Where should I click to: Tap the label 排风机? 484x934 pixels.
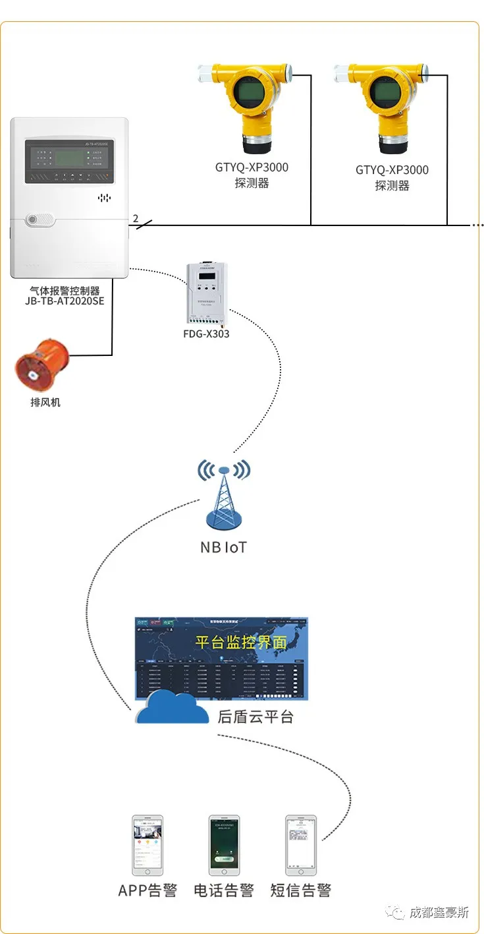[x=45, y=401]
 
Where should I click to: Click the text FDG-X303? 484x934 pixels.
[x=206, y=334]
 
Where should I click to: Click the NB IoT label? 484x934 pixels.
[x=224, y=547]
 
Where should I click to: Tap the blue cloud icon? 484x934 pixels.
[x=167, y=709]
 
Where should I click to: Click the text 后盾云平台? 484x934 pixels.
[x=255, y=716]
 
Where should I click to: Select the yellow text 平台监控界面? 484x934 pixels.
[x=242, y=642]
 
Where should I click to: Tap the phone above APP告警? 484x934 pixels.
[x=148, y=846]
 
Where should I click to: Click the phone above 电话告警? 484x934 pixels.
[x=224, y=846]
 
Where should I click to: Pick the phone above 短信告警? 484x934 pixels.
[x=300, y=846]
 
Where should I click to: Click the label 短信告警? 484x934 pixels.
[x=300, y=890]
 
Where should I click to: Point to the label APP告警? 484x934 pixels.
[x=148, y=890]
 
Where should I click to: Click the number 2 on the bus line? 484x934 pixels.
[x=136, y=218]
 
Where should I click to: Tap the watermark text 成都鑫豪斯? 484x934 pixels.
[x=439, y=913]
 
